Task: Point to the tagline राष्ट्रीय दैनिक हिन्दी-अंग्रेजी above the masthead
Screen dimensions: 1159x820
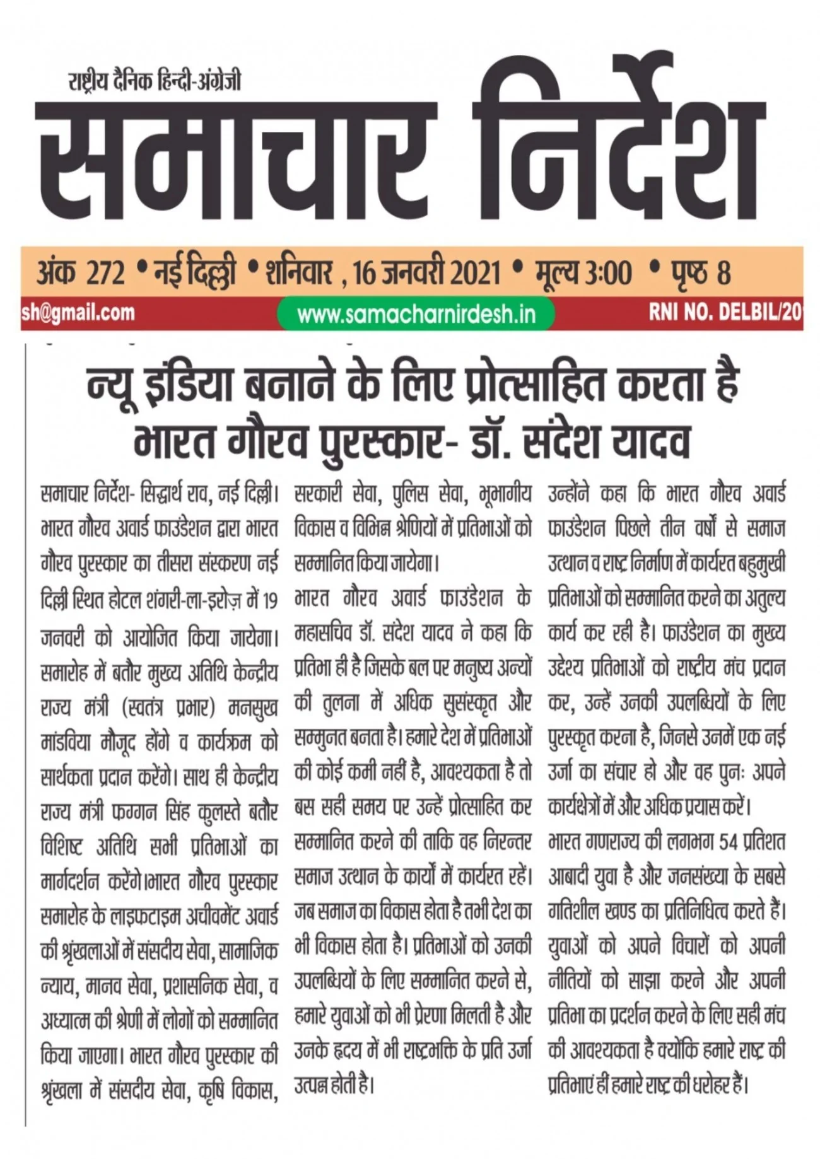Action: click(155, 81)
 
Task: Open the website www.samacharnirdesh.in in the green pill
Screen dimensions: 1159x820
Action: click(416, 314)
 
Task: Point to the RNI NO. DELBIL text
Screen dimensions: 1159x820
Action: click(725, 312)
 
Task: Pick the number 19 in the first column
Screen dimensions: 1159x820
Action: click(270, 602)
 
